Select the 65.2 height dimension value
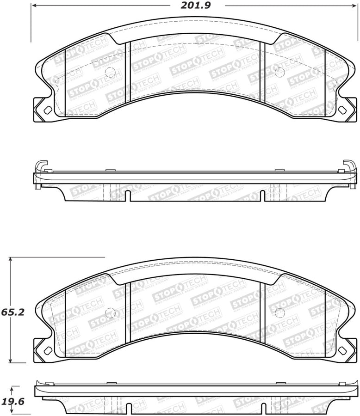point(9,312)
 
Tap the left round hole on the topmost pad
point(110,72)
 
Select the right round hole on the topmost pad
point(279,72)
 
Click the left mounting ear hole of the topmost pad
point(47,110)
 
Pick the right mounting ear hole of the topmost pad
point(342,110)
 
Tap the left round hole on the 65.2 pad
point(110,312)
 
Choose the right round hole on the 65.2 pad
point(279,312)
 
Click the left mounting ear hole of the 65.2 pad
point(47,350)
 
